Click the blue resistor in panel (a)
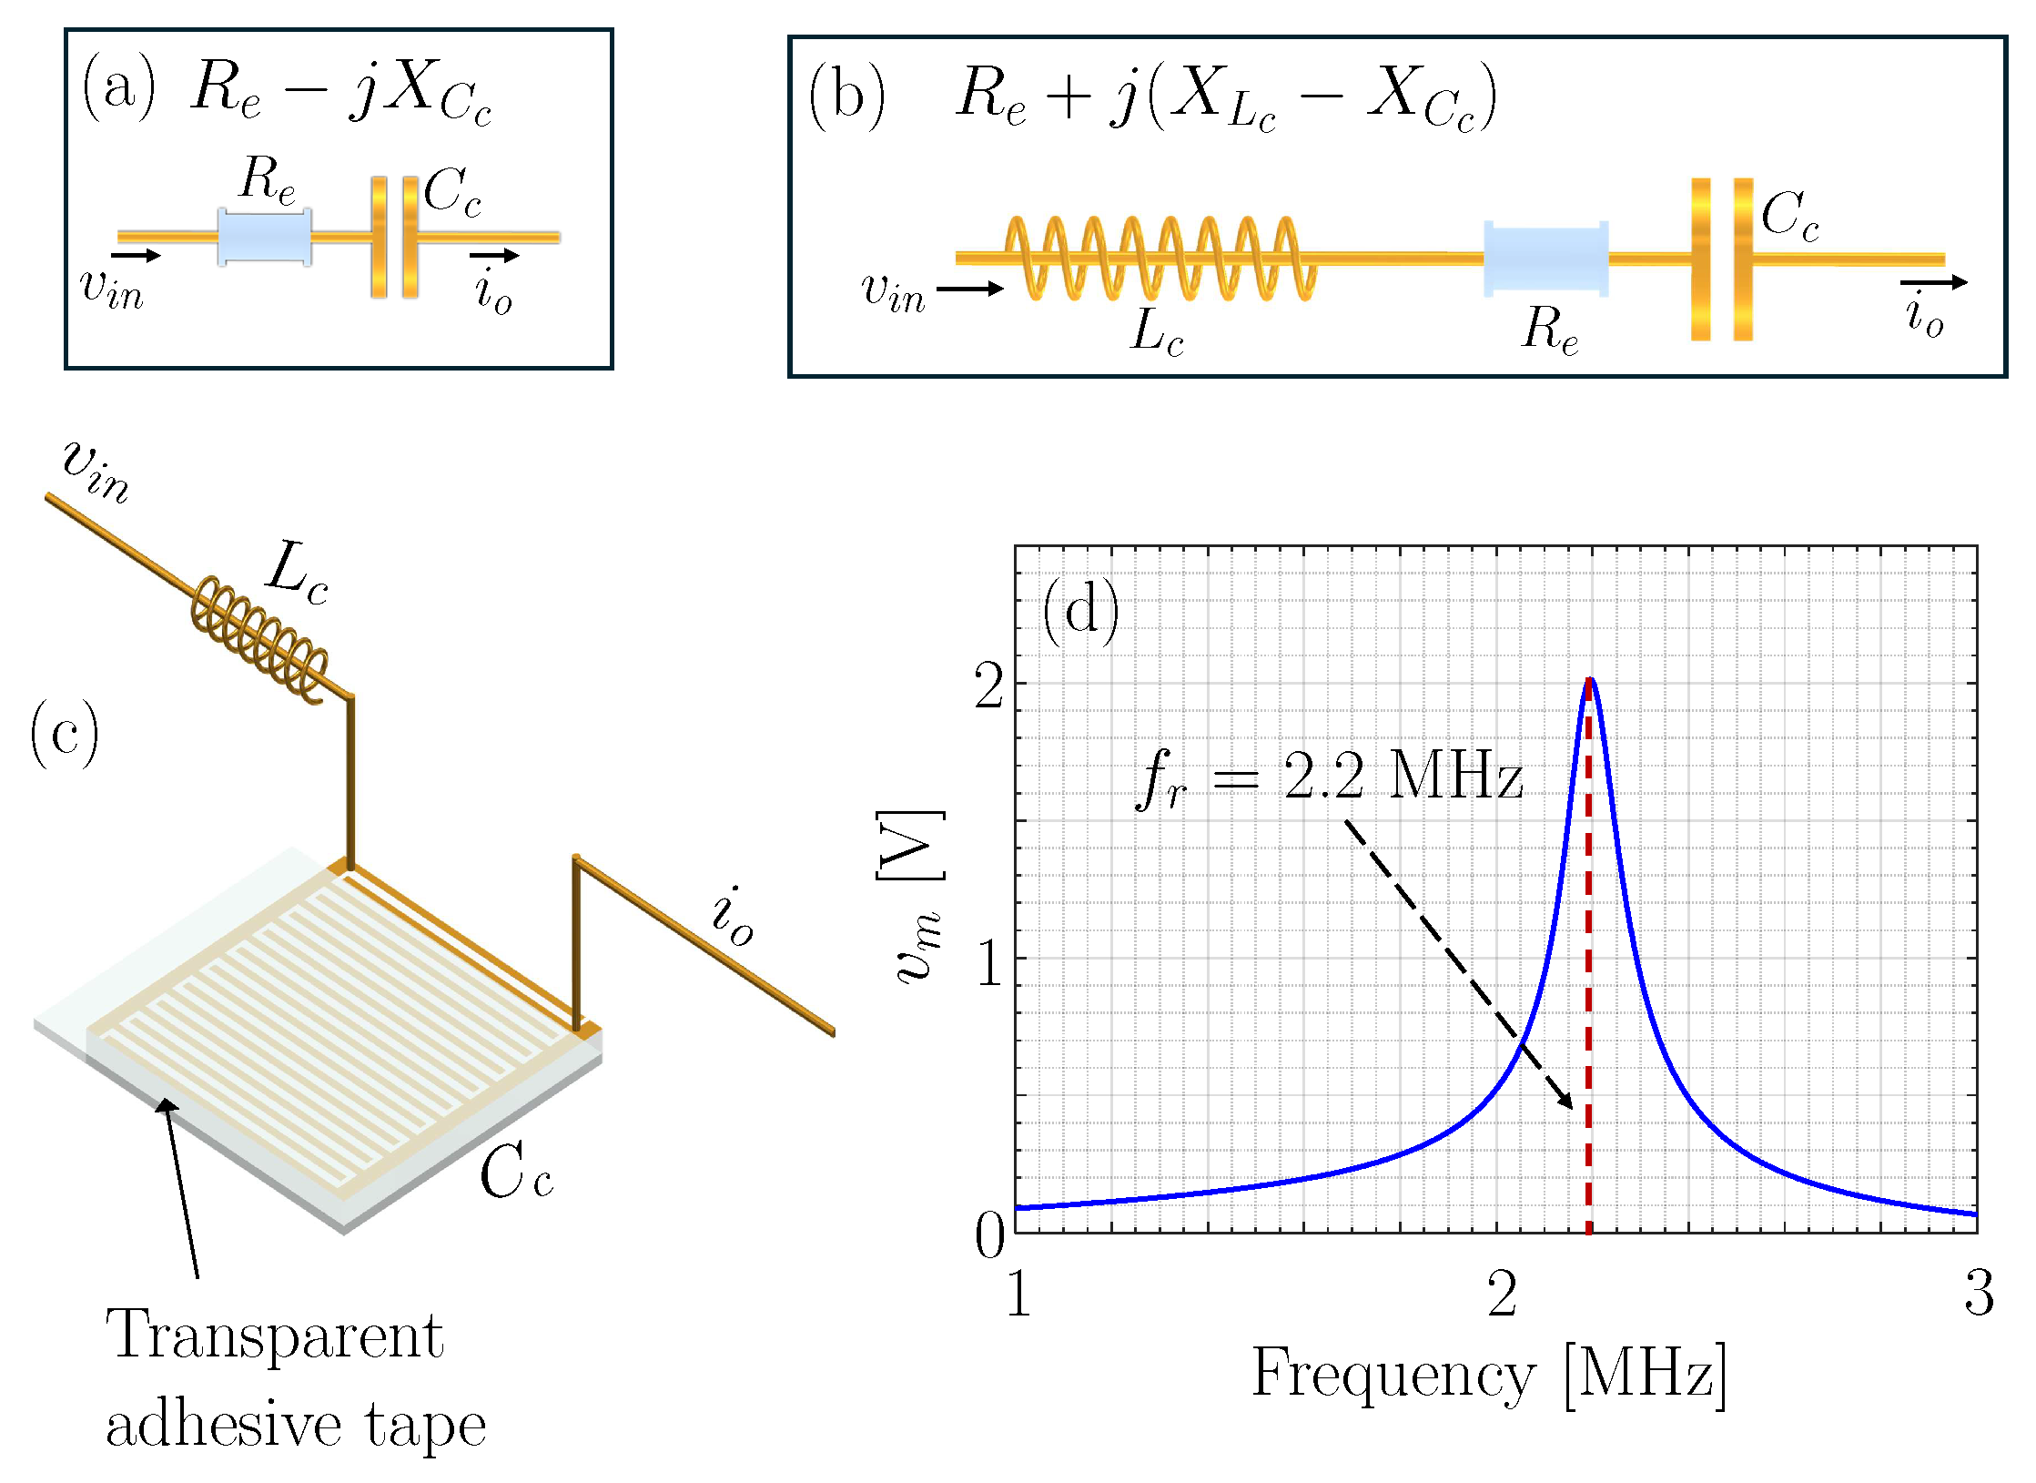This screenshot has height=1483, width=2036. coord(264,237)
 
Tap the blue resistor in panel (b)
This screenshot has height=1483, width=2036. coord(1545,259)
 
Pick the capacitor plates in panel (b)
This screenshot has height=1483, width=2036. coord(1722,259)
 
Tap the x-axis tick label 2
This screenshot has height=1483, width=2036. coord(1502,1294)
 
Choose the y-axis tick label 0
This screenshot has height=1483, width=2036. coord(990,1236)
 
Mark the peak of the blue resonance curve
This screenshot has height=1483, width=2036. coord(1589,680)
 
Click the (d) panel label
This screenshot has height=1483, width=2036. coord(1081,611)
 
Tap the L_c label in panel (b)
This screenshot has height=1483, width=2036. coord(1157,331)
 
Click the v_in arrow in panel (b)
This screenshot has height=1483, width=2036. coord(969,289)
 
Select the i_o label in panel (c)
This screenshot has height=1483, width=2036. coord(734,917)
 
